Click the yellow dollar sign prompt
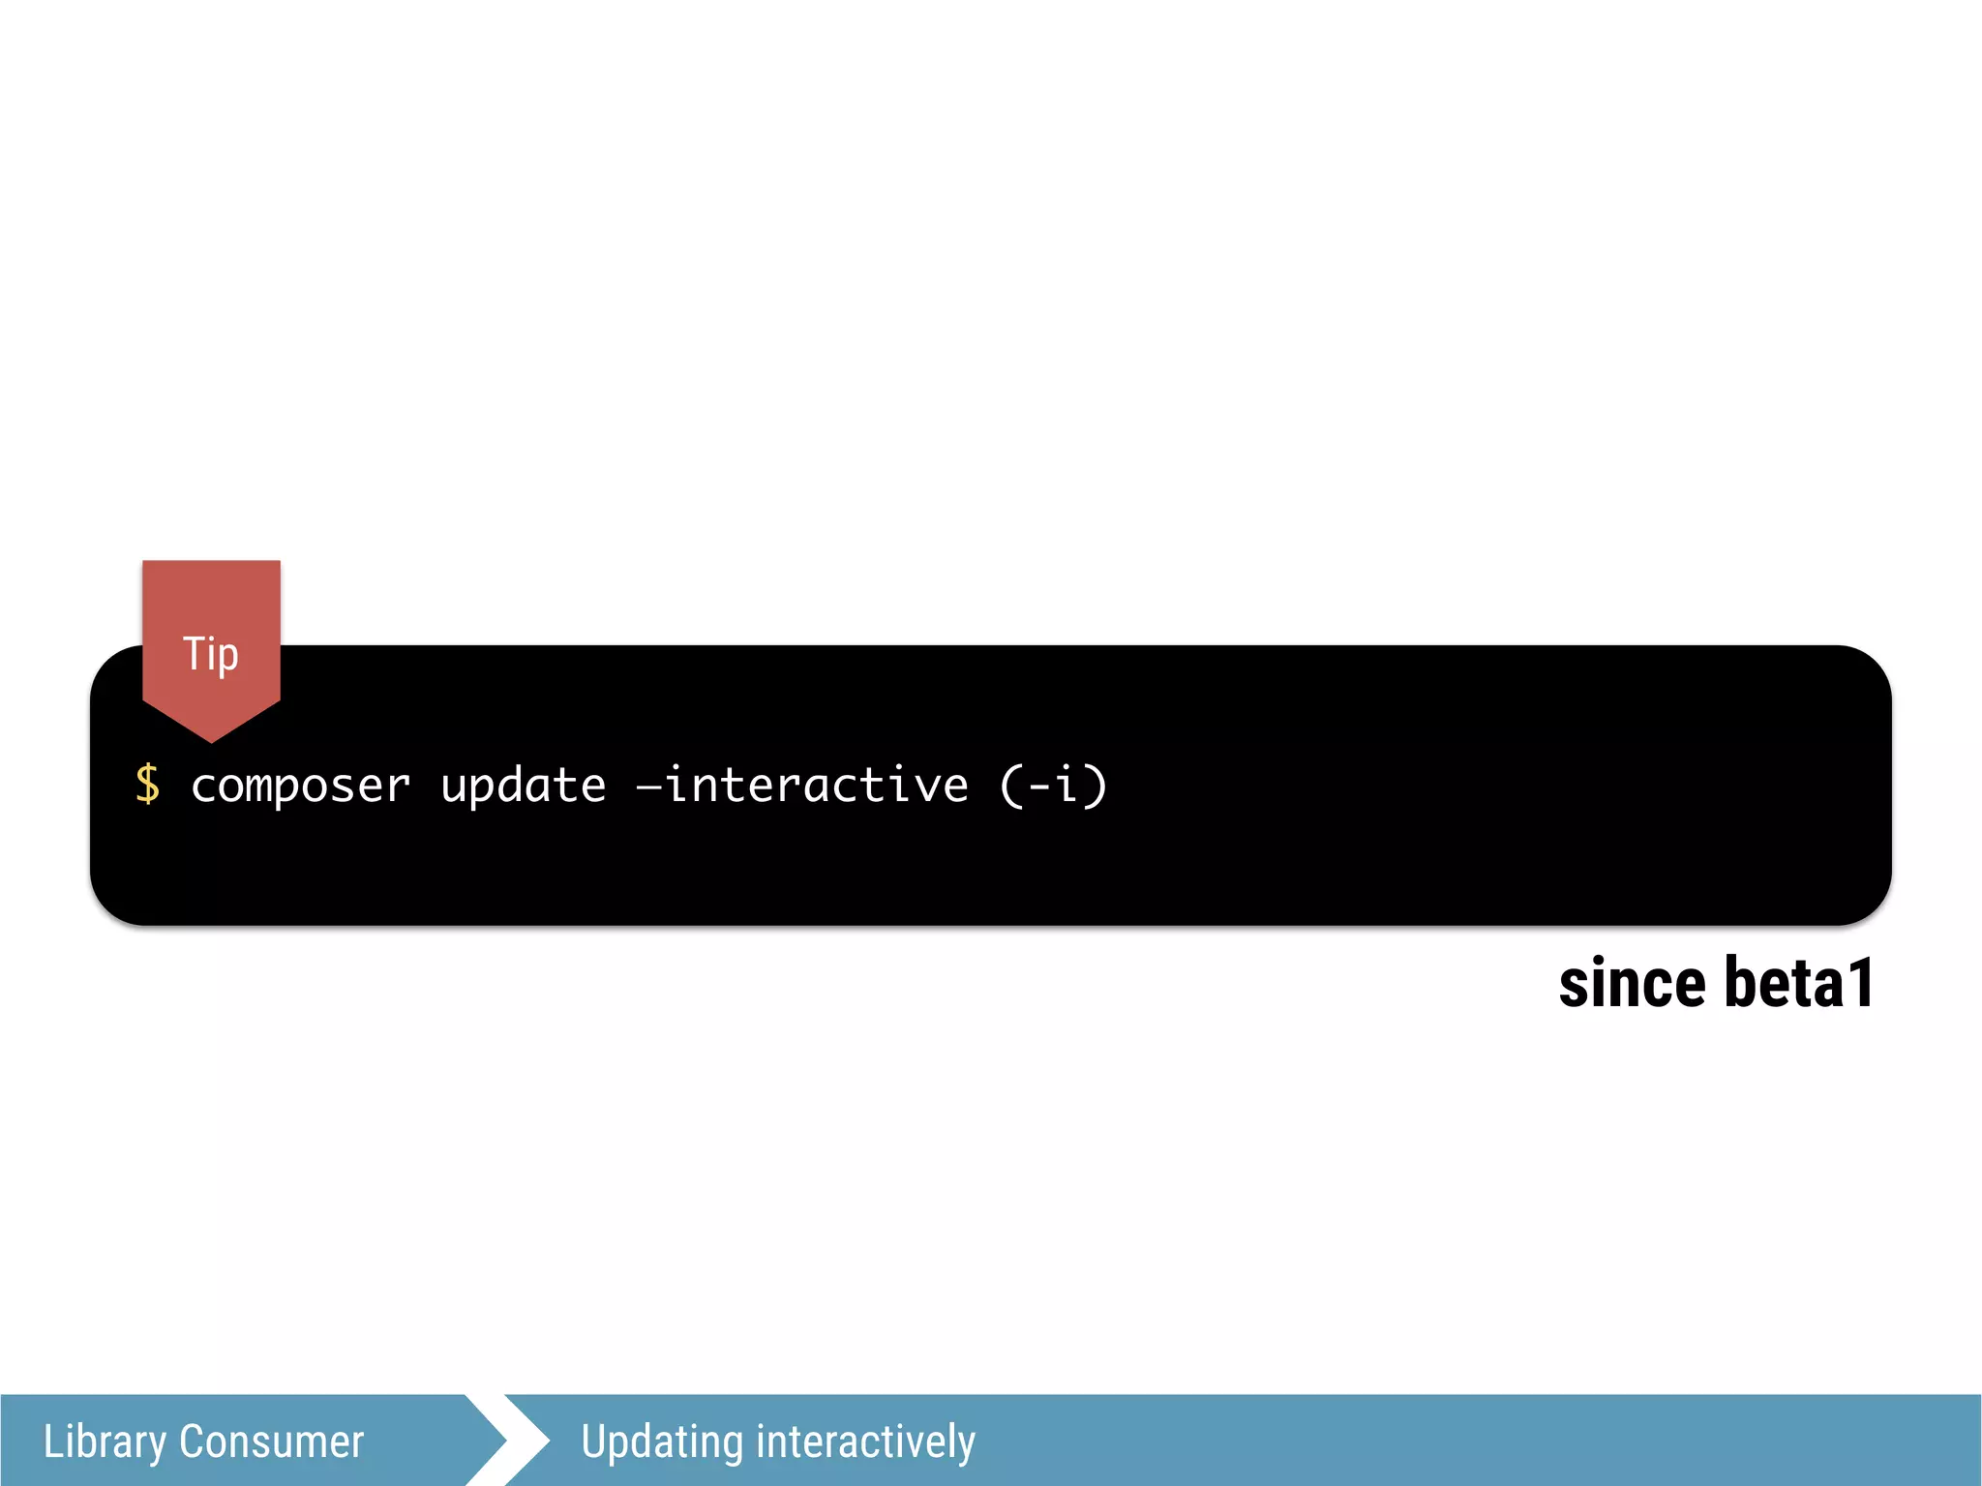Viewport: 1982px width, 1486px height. pyautogui.click(x=148, y=784)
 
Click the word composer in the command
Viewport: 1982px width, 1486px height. pyautogui.click(x=301, y=786)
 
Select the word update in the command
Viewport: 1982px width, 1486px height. pyautogui.click(x=524, y=786)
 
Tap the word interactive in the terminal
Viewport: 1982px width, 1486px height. pyautogui.click(x=816, y=784)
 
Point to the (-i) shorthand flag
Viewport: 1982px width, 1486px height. pyautogui.click(x=1053, y=784)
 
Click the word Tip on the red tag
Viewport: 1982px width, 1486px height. pyautogui.click(x=210, y=654)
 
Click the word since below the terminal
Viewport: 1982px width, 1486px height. pyautogui.click(x=1632, y=984)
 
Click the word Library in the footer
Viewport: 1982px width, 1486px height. pyautogui.click(x=105, y=1441)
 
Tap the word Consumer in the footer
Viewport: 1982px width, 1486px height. pyautogui.click(x=271, y=1441)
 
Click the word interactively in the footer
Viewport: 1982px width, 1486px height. pyautogui.click(x=865, y=1441)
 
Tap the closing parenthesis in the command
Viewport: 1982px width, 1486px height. pyautogui.click(x=1096, y=784)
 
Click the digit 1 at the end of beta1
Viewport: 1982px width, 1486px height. pyautogui.click(x=1861, y=984)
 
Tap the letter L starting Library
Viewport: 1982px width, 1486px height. pyautogui.click(x=52, y=1441)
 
